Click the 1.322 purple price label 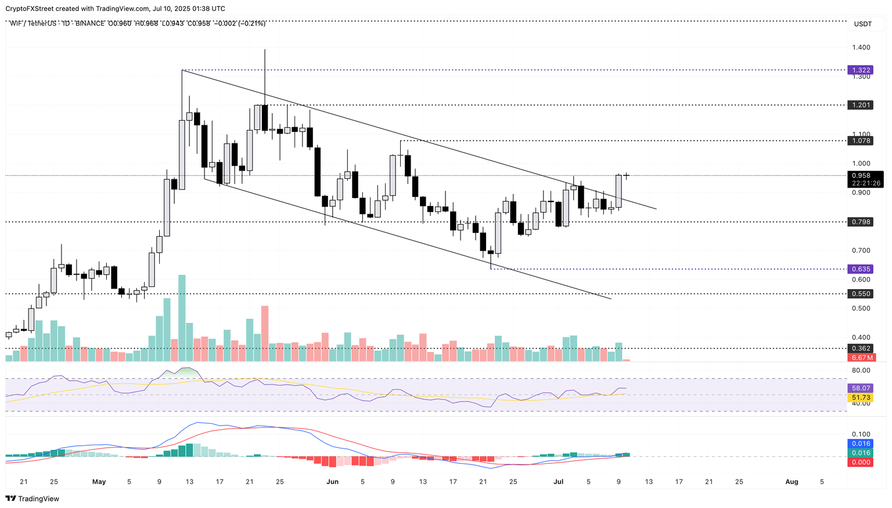(861, 70)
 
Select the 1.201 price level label (861, 105)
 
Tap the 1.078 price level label (861, 140)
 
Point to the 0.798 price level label (861, 222)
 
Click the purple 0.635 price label (861, 269)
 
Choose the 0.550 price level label (861, 294)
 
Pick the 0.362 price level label (861, 348)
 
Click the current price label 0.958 (861, 175)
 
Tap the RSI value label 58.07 (861, 388)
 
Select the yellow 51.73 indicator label (861, 398)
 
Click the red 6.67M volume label (861, 358)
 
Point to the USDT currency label (862, 24)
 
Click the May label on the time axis (99, 481)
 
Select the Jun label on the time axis (332, 481)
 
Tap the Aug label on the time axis (791, 481)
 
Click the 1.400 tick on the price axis (861, 48)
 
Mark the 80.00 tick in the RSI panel (861, 370)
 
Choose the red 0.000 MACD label (861, 462)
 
